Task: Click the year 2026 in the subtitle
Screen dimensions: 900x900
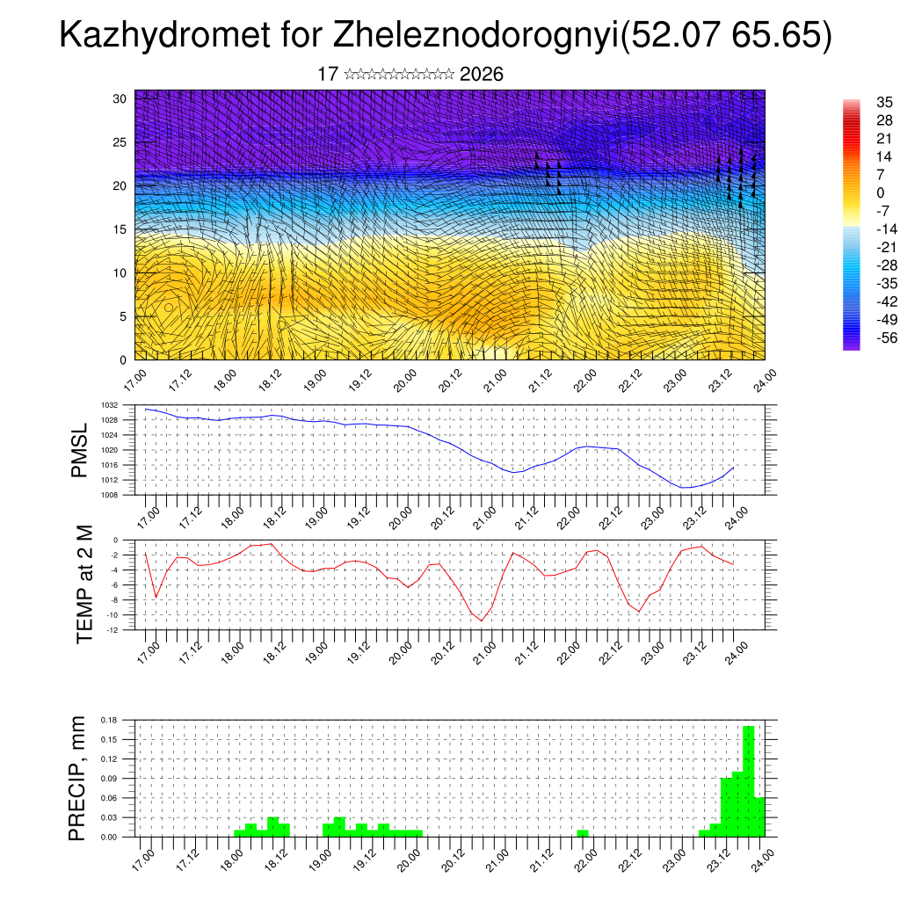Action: pyautogui.click(x=482, y=75)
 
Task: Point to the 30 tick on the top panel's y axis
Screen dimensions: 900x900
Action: pyautogui.click(x=120, y=98)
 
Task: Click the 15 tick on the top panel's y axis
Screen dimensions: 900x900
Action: pyautogui.click(x=120, y=229)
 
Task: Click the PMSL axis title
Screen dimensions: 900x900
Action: pyautogui.click(x=80, y=450)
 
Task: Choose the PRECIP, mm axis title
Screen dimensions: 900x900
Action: pyautogui.click(x=78, y=778)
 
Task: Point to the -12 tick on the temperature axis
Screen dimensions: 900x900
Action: pyautogui.click(x=113, y=629)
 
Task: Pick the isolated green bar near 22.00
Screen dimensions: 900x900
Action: pyautogui.click(x=583, y=833)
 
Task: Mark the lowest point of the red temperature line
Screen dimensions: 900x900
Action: pyautogui.click(x=481, y=621)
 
